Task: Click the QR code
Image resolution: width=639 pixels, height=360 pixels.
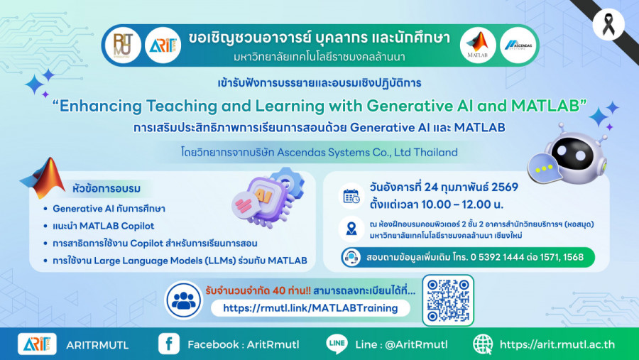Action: (x=448, y=300)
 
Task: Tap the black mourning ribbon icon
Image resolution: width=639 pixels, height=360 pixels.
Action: (x=608, y=24)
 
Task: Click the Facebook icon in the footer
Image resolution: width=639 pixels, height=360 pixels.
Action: (x=169, y=344)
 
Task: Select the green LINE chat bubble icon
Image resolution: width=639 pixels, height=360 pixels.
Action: (x=337, y=344)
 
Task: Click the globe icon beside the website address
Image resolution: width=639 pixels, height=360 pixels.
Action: (x=483, y=344)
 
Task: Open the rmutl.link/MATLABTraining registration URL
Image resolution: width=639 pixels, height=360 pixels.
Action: (x=310, y=308)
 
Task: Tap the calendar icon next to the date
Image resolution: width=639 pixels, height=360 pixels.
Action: (x=351, y=196)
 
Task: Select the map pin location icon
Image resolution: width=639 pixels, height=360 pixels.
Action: (x=351, y=229)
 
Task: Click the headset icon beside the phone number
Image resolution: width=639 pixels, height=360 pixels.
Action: (x=351, y=257)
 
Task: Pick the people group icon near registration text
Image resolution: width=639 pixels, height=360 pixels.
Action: (x=184, y=300)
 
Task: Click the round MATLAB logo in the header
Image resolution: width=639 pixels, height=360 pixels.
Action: (x=478, y=45)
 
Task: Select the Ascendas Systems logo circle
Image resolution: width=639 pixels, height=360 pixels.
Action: (x=518, y=45)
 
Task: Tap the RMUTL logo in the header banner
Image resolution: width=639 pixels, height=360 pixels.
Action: (x=123, y=45)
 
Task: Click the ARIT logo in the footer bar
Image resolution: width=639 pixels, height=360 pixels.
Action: (x=37, y=344)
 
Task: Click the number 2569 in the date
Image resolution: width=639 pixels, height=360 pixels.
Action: (x=505, y=187)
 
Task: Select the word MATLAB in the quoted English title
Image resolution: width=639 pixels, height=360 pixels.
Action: (x=545, y=106)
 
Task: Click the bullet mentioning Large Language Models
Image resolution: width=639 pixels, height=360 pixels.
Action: (x=180, y=261)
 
